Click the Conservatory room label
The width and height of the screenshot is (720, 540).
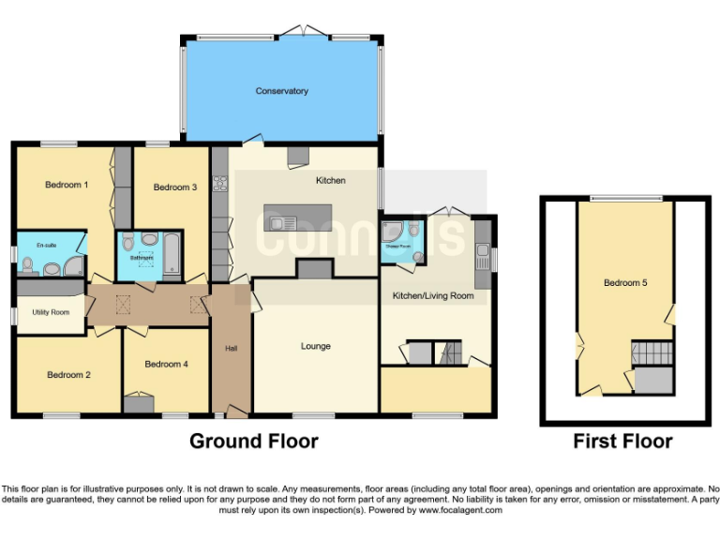coord(281,91)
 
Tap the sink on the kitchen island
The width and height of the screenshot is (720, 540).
coord(278,222)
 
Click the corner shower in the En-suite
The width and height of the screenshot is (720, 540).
coord(73,268)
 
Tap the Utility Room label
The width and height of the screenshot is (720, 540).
coord(51,312)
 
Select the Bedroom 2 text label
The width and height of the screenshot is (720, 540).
coord(68,375)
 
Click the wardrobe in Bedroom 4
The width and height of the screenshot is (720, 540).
coord(139,404)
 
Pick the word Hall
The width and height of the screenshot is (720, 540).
coord(231,349)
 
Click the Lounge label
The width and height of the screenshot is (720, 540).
coord(315,346)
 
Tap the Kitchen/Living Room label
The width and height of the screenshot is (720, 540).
coord(432,295)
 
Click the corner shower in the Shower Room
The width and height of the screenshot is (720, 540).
coord(393,231)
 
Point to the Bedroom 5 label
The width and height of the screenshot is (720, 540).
coord(625,282)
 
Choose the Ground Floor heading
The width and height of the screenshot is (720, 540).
coord(253,441)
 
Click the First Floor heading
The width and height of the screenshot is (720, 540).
coord(622,441)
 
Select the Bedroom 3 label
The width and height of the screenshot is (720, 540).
coord(174,187)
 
